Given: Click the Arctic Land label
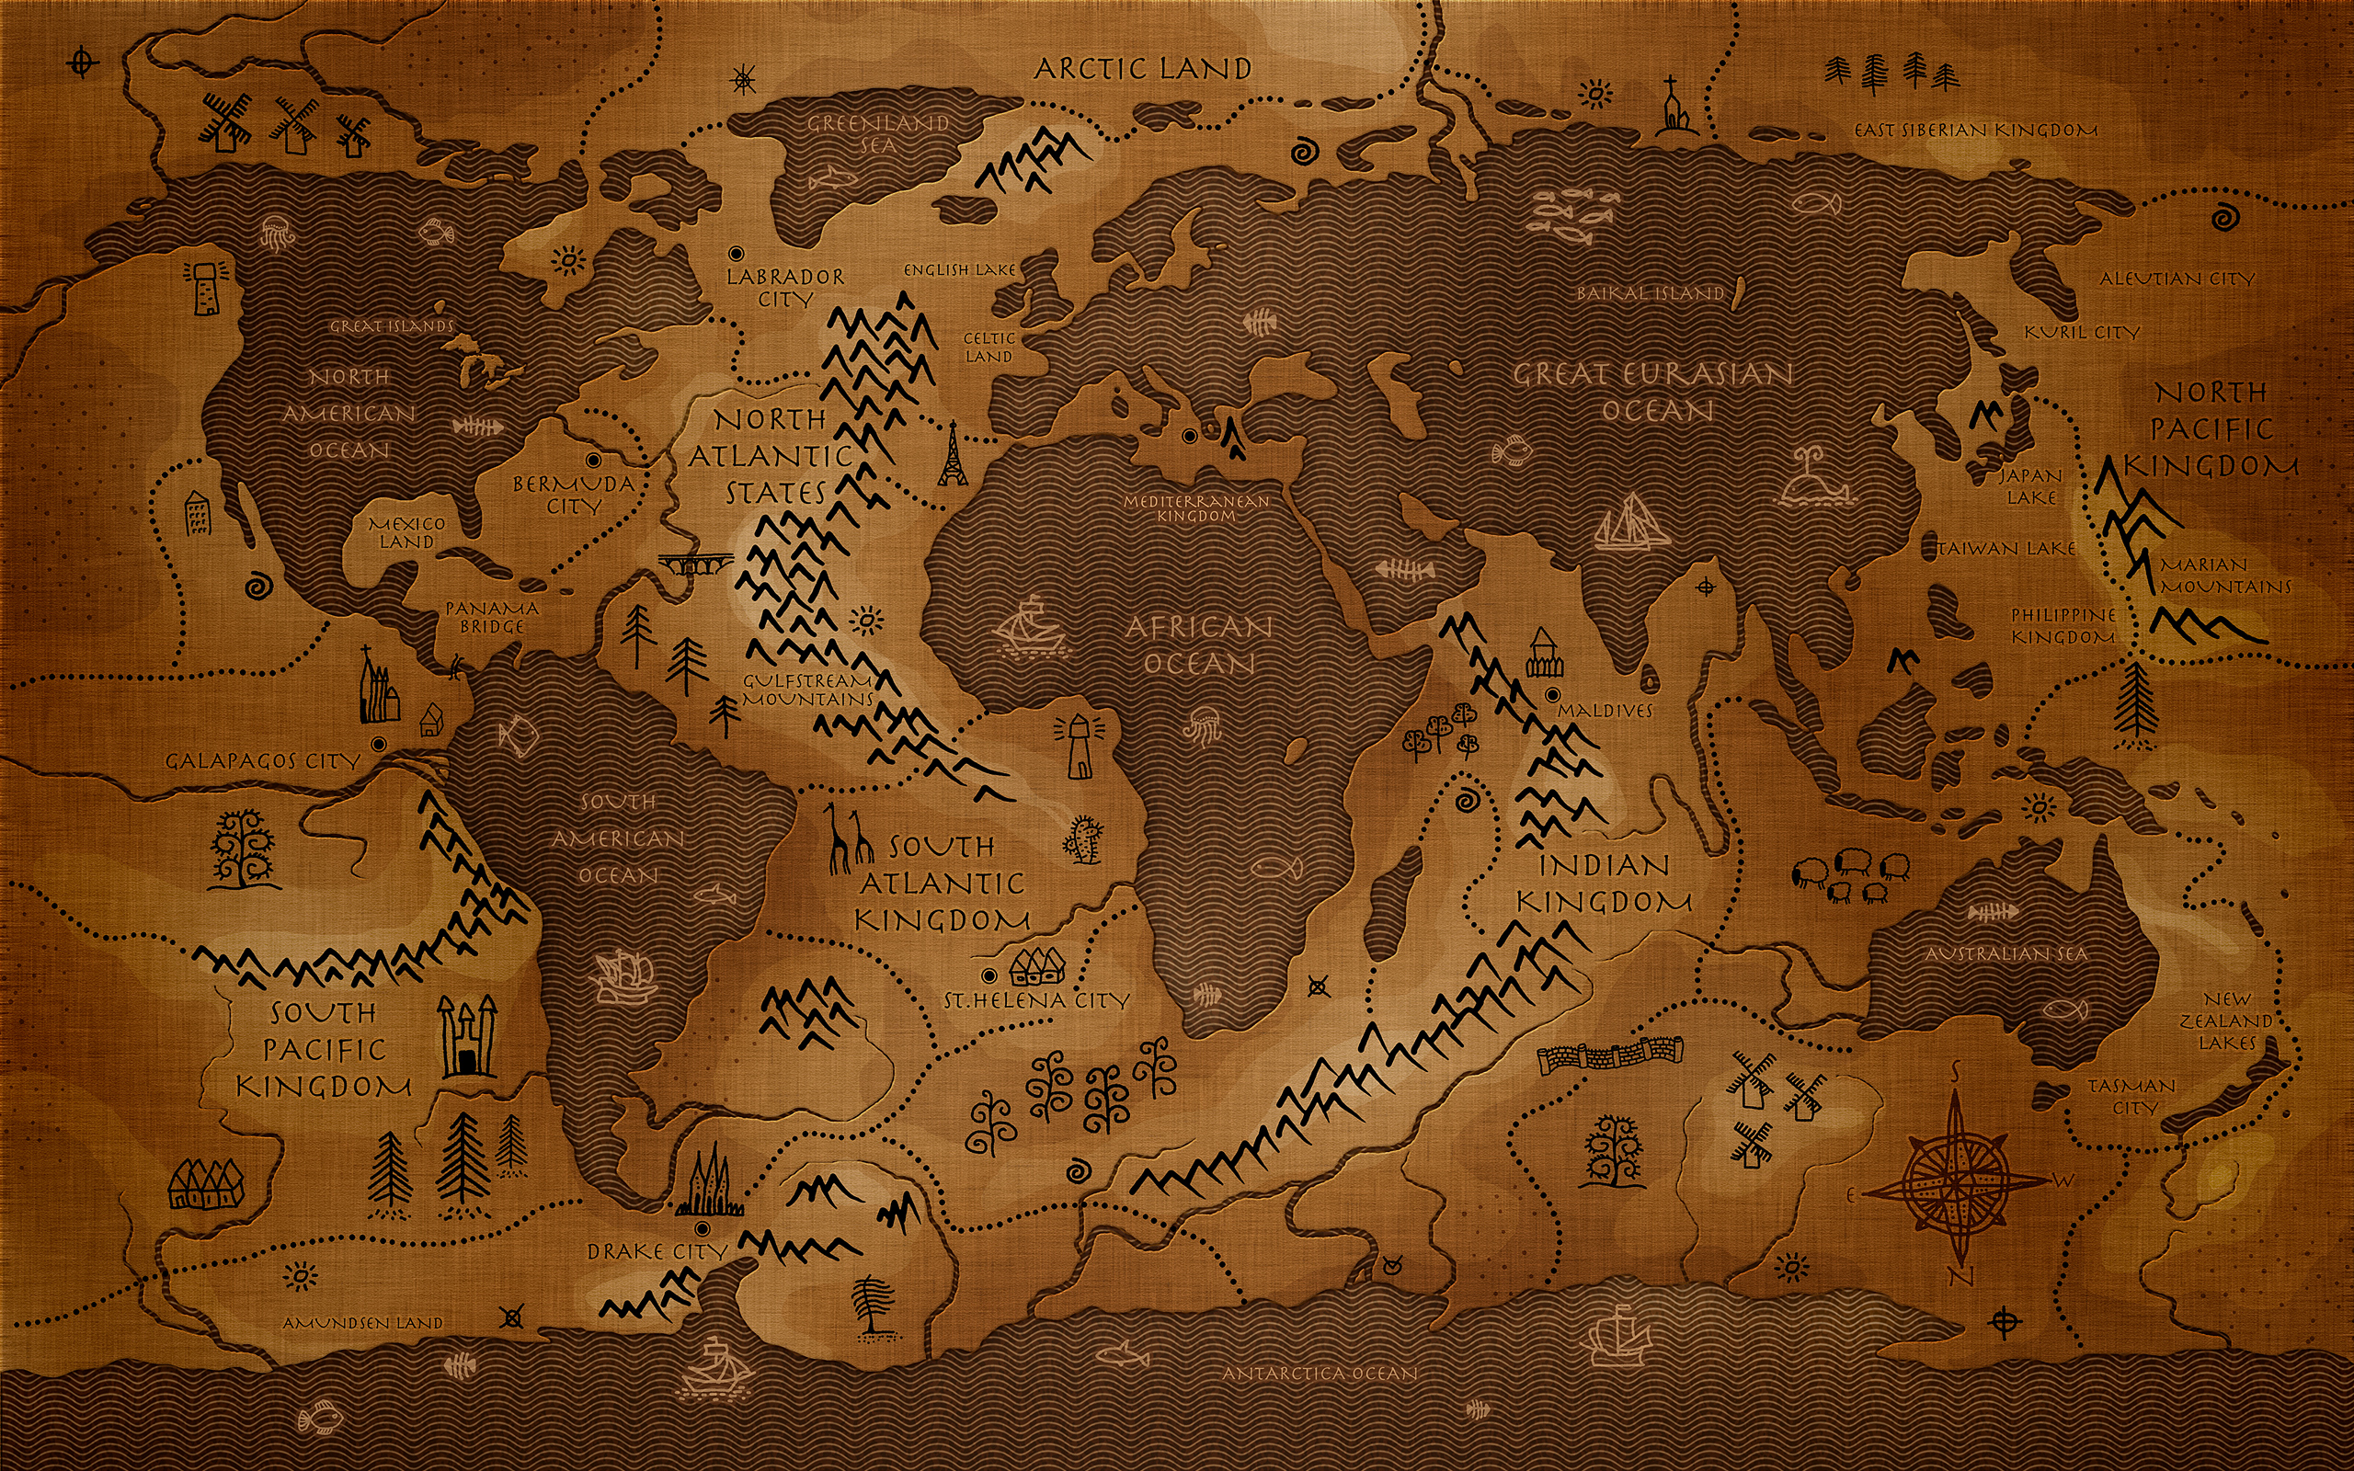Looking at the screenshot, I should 1142,68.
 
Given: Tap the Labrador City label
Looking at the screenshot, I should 785,288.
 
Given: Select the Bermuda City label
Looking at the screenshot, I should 574,495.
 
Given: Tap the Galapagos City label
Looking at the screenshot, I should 263,761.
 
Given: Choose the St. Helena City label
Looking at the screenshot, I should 1037,1000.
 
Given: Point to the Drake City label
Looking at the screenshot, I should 657,1251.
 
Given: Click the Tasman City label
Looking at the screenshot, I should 2131,1096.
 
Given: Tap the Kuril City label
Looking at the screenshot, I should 2082,333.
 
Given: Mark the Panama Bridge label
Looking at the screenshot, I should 491,617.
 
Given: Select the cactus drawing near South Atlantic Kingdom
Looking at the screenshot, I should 1083,839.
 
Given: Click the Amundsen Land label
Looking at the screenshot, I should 363,1323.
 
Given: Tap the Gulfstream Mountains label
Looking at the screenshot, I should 808,690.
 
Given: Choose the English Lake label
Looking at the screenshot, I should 959,269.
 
